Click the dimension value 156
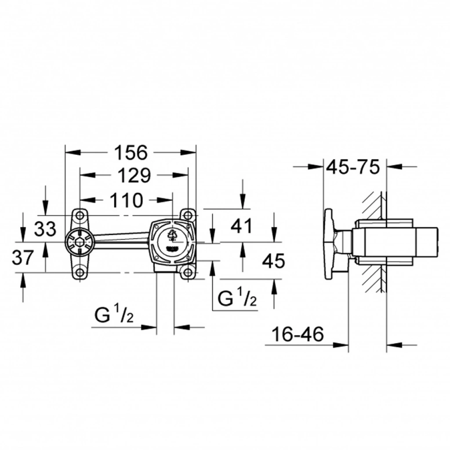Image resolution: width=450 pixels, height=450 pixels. tap(131, 152)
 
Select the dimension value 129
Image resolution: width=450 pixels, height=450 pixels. tap(134, 175)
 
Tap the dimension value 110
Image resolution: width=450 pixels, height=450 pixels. tap(126, 200)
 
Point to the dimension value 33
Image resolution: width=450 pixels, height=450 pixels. tap(45, 229)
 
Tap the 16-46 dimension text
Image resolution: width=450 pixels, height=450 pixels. tap(298, 334)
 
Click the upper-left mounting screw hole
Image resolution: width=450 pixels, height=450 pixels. tap(80, 215)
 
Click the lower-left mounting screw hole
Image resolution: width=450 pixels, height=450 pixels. tap(80, 272)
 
